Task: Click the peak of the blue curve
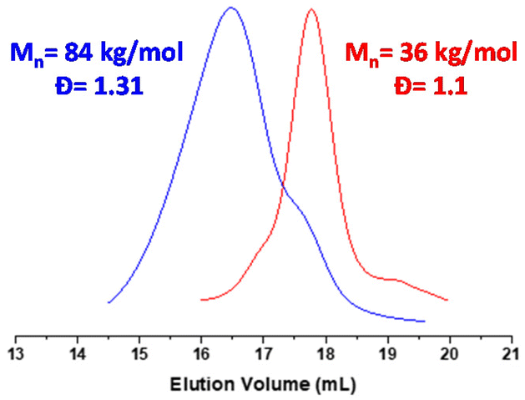click(x=231, y=8)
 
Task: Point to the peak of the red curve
click(x=311, y=10)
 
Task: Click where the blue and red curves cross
click(x=282, y=185)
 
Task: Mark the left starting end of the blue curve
click(x=109, y=302)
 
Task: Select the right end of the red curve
click(x=448, y=300)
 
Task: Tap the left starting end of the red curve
click(x=201, y=299)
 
